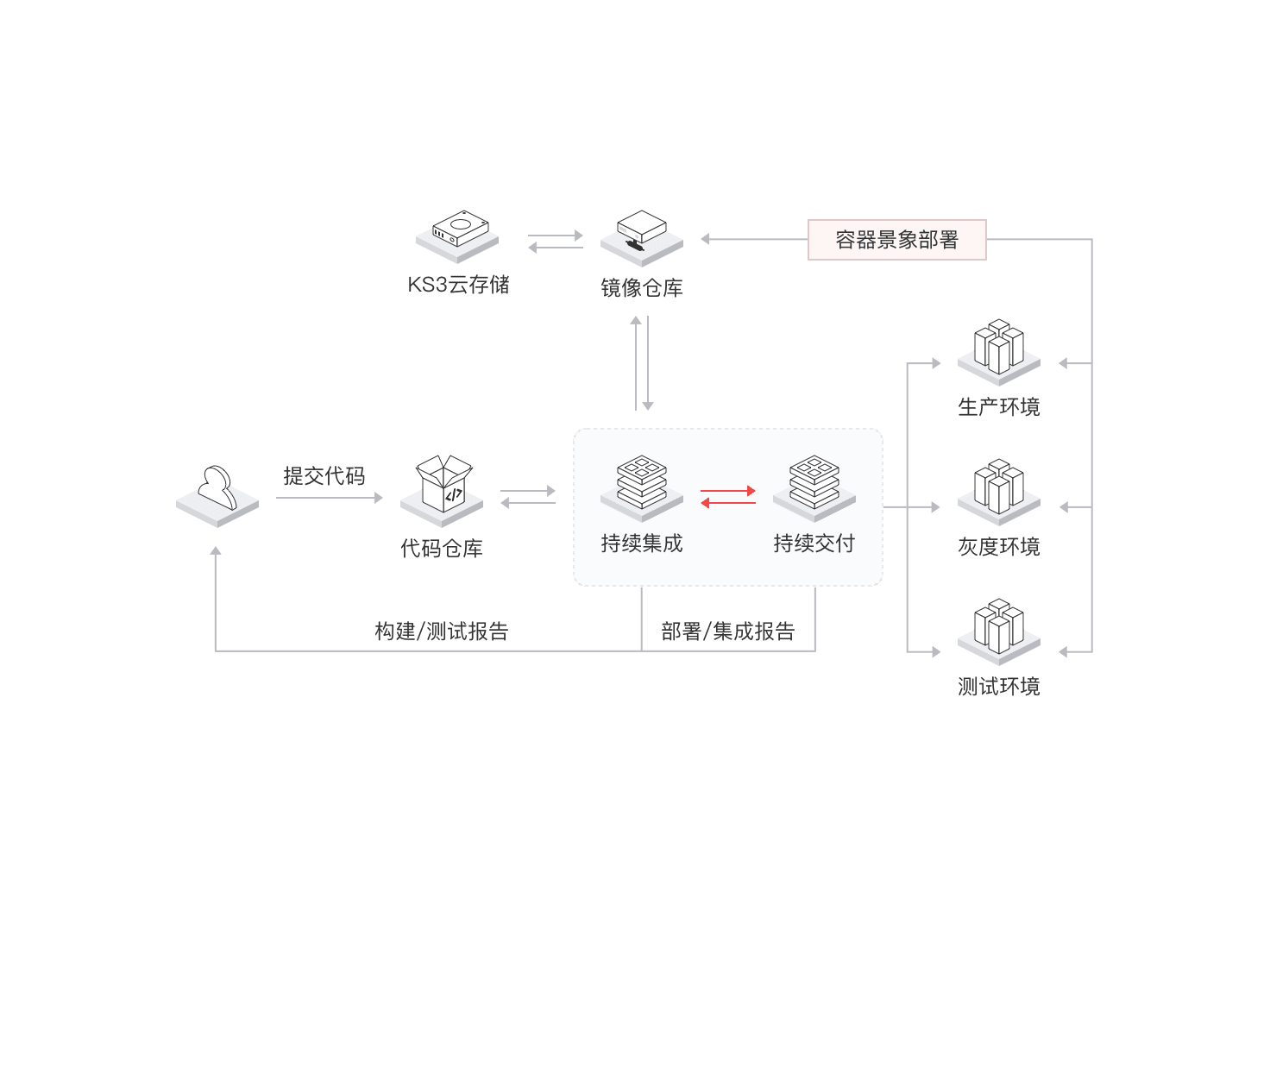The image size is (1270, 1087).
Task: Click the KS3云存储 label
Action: [458, 285]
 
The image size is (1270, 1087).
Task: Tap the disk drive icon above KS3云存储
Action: [457, 236]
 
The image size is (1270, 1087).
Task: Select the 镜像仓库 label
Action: [641, 287]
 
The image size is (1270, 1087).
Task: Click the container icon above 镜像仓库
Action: [641, 238]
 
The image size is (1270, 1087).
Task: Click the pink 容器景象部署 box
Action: [896, 240]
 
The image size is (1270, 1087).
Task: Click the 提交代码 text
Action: [324, 475]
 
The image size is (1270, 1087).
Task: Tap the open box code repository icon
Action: [442, 490]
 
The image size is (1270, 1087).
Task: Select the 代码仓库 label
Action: [441, 548]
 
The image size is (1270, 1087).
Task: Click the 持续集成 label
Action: [641, 543]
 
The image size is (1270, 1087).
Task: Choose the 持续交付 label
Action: [814, 543]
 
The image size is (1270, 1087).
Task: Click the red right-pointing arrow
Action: [728, 491]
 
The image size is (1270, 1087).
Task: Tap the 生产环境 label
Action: [998, 407]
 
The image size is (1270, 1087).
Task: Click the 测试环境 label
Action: [998, 687]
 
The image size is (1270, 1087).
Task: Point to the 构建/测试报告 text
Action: [441, 631]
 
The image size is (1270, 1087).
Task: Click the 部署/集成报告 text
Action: [728, 631]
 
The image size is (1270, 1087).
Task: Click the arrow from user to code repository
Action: [330, 498]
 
